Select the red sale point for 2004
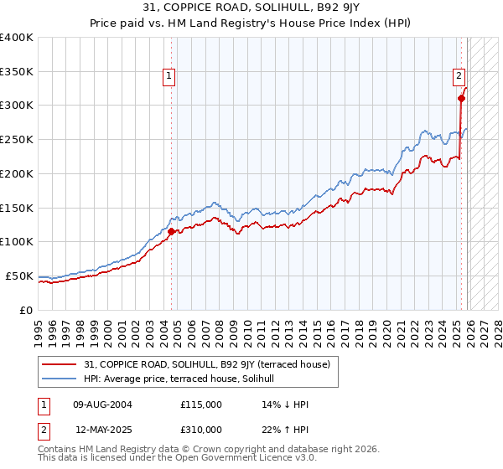click(x=171, y=231)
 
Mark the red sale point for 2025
click(x=462, y=99)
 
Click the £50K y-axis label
click(x=18, y=276)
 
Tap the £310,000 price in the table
click(x=201, y=430)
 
